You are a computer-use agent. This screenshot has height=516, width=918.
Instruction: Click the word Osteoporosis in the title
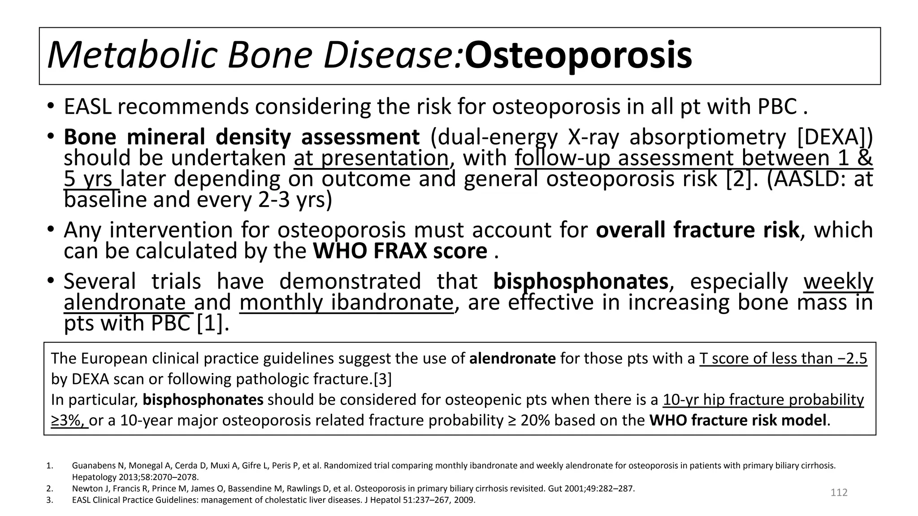[x=578, y=56]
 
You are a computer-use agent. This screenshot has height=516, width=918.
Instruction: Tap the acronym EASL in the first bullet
[x=87, y=107]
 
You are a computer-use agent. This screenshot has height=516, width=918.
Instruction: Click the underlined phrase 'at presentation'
[x=371, y=158]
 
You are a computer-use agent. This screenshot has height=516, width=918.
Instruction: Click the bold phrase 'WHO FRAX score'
[x=400, y=251]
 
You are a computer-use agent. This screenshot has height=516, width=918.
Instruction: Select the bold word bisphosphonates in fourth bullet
[x=580, y=282]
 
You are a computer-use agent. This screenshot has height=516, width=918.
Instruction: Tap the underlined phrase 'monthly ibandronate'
[x=346, y=302]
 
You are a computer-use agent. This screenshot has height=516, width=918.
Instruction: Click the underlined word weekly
[x=838, y=282]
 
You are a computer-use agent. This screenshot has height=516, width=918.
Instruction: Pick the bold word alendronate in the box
[x=512, y=359]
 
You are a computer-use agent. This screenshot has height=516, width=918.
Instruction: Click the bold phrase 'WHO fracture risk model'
[x=737, y=421]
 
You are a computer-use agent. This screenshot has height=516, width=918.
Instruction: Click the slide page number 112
[x=839, y=493]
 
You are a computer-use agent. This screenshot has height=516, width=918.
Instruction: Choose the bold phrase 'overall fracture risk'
[x=697, y=230]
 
